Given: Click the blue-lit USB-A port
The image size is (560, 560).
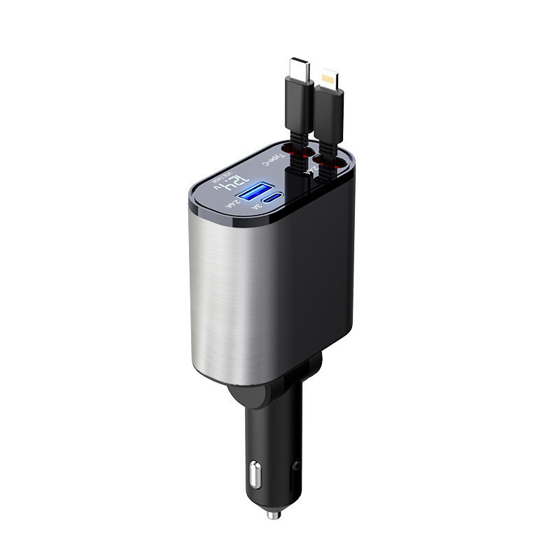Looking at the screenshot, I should point(254,192).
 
